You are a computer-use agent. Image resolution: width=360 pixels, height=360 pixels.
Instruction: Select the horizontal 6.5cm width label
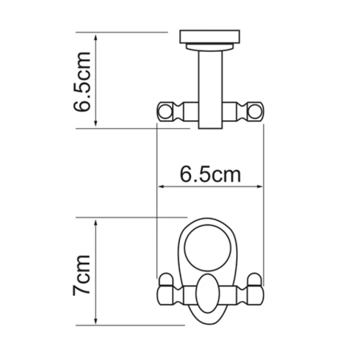pyautogui.click(x=210, y=175)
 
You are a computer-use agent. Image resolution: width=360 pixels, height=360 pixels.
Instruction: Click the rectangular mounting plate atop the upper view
pyautogui.click(x=210, y=37)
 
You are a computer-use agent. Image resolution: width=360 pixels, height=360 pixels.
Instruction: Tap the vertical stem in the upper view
pyautogui.click(x=210, y=87)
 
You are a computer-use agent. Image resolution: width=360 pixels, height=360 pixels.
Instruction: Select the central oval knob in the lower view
pyautogui.click(x=209, y=294)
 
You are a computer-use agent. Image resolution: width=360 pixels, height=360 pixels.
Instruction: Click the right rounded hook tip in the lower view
pyautogui.click(x=255, y=280)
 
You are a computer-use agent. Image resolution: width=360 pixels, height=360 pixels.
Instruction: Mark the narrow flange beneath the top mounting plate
pyautogui.click(x=210, y=47)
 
